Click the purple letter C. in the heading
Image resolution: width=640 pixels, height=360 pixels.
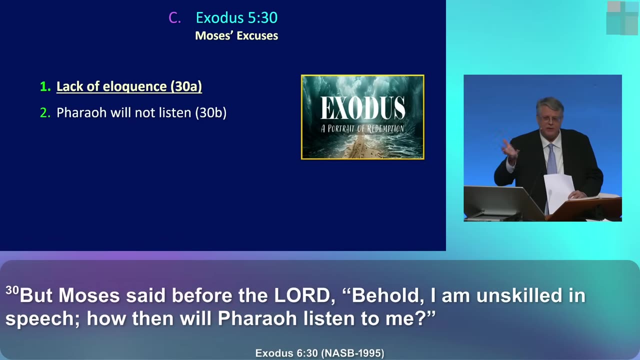point(174,17)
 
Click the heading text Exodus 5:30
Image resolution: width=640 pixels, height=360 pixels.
point(236,17)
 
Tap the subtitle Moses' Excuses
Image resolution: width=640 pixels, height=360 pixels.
point(236,35)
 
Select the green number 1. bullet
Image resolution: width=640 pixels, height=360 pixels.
point(45,86)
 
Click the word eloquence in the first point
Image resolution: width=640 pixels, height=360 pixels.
point(134,86)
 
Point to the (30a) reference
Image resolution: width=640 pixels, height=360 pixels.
point(186,86)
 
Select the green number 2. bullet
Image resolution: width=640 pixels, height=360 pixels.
point(45,113)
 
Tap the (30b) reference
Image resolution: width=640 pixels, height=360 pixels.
point(211,112)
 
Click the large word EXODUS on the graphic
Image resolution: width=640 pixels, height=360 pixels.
point(362,107)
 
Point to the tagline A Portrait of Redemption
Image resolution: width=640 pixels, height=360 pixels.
point(362,128)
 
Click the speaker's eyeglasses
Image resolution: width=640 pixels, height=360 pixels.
point(550,118)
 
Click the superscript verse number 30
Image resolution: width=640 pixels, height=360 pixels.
point(12,290)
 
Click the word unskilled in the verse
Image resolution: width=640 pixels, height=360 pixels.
point(519,295)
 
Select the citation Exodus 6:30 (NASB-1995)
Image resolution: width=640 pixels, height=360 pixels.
point(319,353)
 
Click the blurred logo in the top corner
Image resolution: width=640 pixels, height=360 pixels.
point(623,17)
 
